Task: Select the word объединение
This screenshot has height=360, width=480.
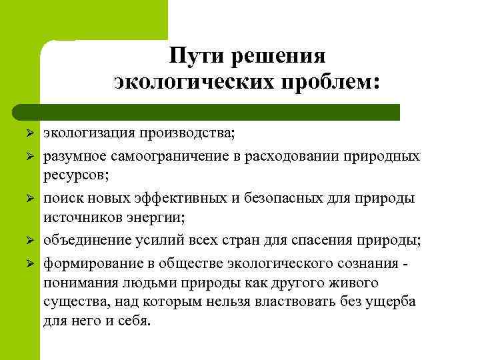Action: [x=85, y=240]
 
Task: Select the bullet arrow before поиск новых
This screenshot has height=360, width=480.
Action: [x=29, y=199]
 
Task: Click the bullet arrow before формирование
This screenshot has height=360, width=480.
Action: [x=29, y=263]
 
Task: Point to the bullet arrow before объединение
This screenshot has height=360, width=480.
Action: [x=29, y=240]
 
